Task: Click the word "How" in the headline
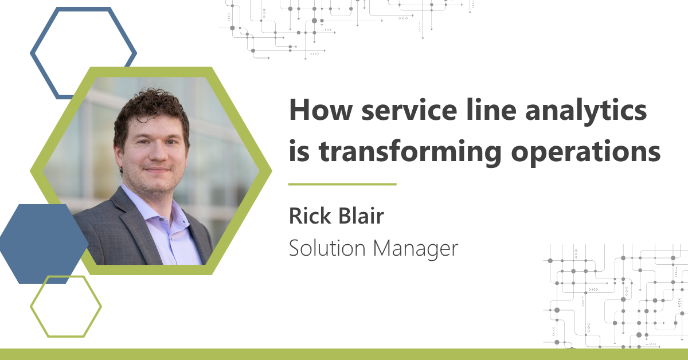pos(320,110)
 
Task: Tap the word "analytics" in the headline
pos(586,111)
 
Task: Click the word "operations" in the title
pos(586,152)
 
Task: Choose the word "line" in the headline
pos(491,109)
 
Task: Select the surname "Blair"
pos(361,216)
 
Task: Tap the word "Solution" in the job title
pos(327,248)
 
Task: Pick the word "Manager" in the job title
pos(416,249)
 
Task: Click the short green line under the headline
pos(342,185)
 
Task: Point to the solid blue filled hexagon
pos(44,244)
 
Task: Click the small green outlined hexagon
pos(35,307)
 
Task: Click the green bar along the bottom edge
pos(344,354)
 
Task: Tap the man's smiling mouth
pos(157,170)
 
